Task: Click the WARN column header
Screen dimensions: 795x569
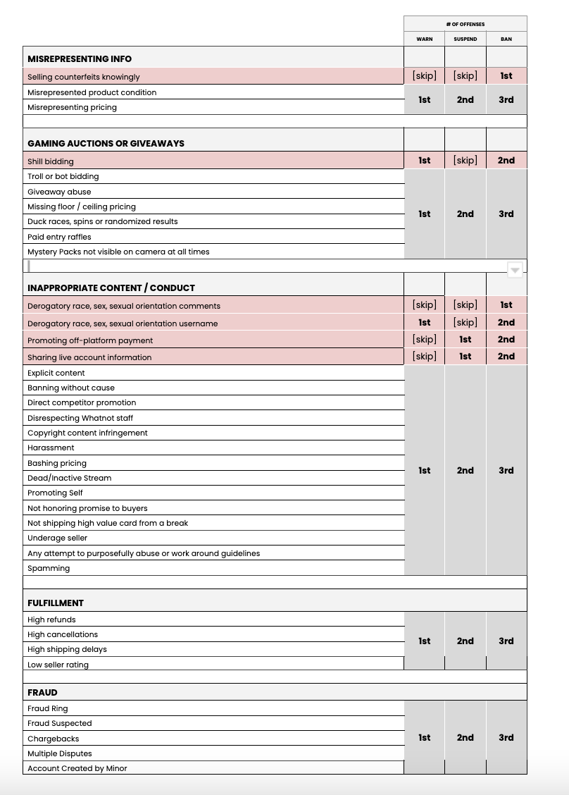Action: (x=424, y=39)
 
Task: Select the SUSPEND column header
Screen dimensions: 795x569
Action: (x=465, y=39)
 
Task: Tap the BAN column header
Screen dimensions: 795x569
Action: (x=506, y=39)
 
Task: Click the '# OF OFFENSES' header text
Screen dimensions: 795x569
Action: (x=465, y=24)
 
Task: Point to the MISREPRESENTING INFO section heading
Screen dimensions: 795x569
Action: (x=80, y=58)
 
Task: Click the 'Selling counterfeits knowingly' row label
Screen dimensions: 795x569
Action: (x=83, y=77)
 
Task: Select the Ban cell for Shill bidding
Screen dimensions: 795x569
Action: (x=506, y=161)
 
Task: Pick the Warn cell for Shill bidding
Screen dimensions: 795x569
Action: (x=424, y=161)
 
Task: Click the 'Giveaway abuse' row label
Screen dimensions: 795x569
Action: (x=59, y=192)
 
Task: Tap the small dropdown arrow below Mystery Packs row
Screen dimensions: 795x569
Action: (x=515, y=270)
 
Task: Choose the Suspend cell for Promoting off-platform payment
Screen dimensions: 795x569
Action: (x=465, y=340)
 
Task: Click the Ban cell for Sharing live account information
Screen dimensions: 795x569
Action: (x=506, y=357)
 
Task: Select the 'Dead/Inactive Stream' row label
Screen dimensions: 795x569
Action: (x=69, y=478)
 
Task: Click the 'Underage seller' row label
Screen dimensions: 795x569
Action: (x=57, y=538)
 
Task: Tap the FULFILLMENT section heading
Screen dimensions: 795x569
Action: (x=56, y=603)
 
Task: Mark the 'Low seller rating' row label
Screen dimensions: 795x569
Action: (x=58, y=665)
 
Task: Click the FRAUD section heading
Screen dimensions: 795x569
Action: (x=42, y=693)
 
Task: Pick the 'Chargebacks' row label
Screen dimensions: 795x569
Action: (x=53, y=739)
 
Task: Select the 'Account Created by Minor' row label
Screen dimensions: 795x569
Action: (x=77, y=768)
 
